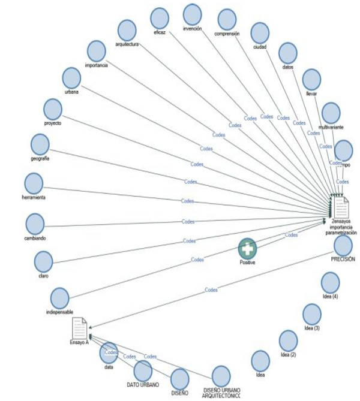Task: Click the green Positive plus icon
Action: coord(247,248)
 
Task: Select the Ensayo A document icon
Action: coord(79,328)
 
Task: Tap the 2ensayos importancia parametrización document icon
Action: coord(341,208)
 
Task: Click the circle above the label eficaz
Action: coord(160,17)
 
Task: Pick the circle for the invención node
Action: coord(192,14)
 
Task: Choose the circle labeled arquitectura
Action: coord(127,30)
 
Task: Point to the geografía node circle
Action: coord(40,144)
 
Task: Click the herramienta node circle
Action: coord(34,183)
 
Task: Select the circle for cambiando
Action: coord(35,224)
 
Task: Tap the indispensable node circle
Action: coord(59,298)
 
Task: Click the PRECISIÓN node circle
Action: coord(343,245)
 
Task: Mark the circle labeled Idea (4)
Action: coord(330,282)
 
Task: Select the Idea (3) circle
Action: coord(311,313)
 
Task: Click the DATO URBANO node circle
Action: coord(143,370)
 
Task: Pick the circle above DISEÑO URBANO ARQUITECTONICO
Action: coord(220,376)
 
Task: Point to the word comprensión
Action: coord(227,34)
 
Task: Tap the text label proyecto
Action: coord(53,122)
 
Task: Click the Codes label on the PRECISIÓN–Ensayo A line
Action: coord(211,290)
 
